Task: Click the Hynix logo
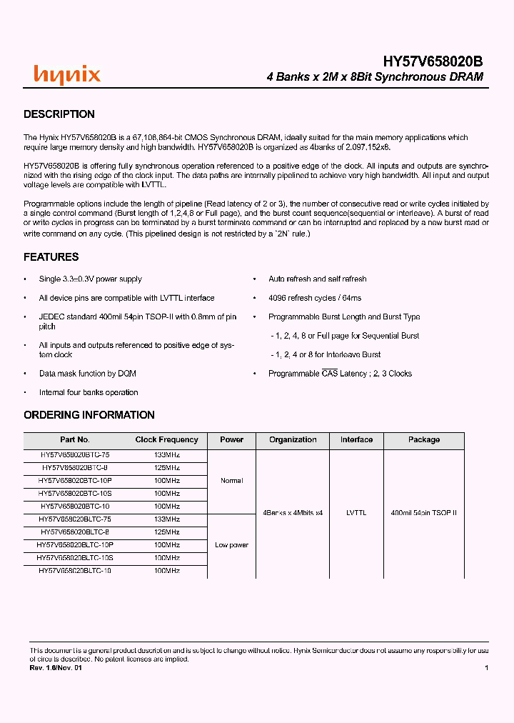click(x=67, y=74)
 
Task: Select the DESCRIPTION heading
click(x=59, y=114)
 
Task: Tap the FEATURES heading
click(x=51, y=257)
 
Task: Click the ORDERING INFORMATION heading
click(x=89, y=415)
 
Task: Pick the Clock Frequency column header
click(x=166, y=440)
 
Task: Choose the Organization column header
click(x=293, y=440)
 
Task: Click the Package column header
click(x=424, y=440)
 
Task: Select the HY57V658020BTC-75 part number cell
click(x=75, y=454)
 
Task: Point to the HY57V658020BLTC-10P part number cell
click(x=75, y=544)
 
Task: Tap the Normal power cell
click(x=231, y=481)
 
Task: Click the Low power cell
click(x=231, y=545)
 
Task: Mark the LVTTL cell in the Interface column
click(x=356, y=513)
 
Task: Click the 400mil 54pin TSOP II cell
click(x=424, y=513)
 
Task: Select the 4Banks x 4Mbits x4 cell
click(x=293, y=513)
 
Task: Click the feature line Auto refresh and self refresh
click(x=317, y=279)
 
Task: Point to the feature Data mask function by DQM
click(x=88, y=374)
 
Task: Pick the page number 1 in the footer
click(x=486, y=668)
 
